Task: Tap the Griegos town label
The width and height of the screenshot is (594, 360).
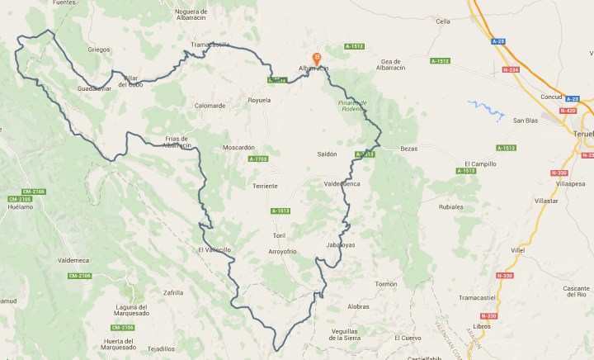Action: pos(99,50)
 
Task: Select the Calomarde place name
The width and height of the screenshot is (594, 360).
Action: pos(210,106)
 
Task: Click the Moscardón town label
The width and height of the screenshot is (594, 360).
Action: pos(239,147)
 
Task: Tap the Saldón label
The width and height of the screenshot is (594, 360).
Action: pos(328,154)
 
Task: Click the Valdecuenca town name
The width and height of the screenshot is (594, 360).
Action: pos(342,183)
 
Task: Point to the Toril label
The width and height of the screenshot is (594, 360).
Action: pos(278,235)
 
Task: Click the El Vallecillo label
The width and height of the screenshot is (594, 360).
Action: pos(214,249)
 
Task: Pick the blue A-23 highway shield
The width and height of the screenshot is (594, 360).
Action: pos(497,40)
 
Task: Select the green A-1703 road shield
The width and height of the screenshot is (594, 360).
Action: pos(258,159)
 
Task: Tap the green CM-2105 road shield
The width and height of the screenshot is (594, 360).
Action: pos(20,199)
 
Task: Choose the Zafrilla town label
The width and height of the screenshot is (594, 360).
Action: pos(173,292)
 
